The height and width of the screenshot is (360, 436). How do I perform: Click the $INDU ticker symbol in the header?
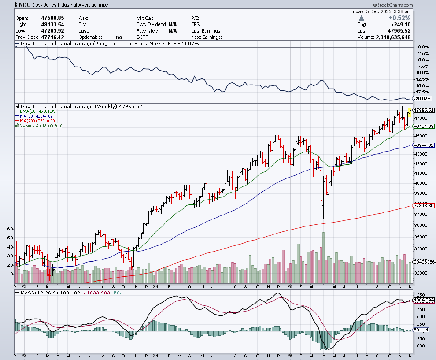coord(22,4)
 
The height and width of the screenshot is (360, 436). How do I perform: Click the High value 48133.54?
coord(51,24)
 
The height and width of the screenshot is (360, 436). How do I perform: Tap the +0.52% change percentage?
coord(400,18)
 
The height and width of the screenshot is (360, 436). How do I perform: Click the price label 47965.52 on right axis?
coord(424,110)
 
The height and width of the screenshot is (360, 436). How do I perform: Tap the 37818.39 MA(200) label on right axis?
coord(424,205)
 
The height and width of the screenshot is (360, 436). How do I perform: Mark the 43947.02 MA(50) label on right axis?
coord(424,145)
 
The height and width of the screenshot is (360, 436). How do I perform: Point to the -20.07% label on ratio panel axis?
coord(422,99)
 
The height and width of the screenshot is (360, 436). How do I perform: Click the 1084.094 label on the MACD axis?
coord(424,300)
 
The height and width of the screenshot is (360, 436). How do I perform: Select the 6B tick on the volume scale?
coord(10,230)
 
